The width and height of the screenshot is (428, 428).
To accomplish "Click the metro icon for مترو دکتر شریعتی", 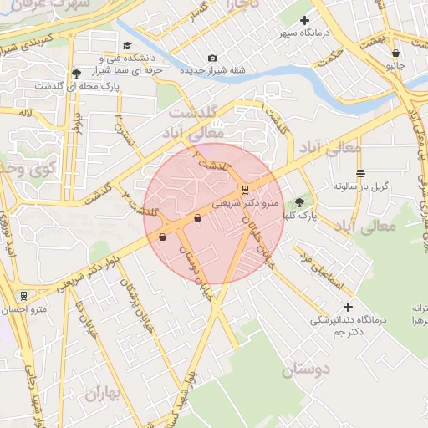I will pos(245,189).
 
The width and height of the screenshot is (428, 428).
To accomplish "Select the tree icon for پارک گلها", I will pos(300,202).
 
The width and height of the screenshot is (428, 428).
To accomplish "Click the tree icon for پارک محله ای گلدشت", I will pos(77,74).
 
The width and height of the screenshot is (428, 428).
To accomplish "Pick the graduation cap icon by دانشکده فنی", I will pos(126,46).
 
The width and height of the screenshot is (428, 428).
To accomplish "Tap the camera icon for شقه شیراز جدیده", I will pos(212,58).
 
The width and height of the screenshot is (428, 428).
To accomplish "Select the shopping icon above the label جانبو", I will pos(395,53).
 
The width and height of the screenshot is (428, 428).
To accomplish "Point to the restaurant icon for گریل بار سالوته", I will pos(360,173).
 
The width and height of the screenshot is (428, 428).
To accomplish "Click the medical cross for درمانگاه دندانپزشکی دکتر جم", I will pos(348,307).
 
